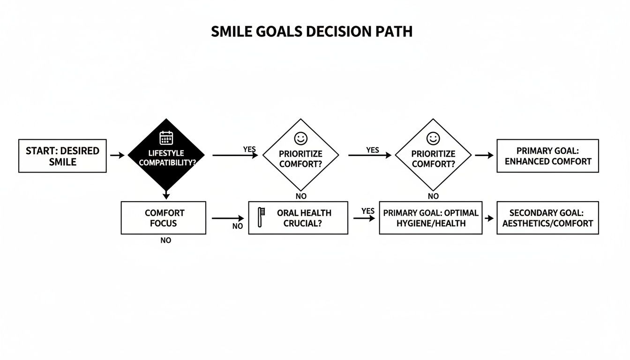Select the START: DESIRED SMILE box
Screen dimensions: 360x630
(62, 156)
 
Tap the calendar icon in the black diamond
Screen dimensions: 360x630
(166, 138)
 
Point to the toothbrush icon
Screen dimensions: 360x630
(261, 217)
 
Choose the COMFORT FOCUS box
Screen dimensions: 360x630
(163, 218)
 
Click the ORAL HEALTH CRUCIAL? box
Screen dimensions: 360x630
(298, 218)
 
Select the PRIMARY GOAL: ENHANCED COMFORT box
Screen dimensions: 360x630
(547, 156)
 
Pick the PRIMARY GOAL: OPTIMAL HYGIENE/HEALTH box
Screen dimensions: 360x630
(430, 218)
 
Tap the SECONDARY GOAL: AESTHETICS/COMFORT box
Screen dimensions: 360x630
(547, 218)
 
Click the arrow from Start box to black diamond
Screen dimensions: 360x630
(117, 155)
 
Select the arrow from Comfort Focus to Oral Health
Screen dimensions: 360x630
(228, 218)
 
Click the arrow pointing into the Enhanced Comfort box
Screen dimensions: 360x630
(484, 155)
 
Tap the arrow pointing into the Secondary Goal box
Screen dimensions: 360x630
(489, 218)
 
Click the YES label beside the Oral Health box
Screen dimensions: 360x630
(368, 211)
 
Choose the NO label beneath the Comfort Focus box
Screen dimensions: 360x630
(165, 240)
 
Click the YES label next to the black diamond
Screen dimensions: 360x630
(249, 149)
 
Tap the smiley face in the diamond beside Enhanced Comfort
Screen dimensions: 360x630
(433, 138)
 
